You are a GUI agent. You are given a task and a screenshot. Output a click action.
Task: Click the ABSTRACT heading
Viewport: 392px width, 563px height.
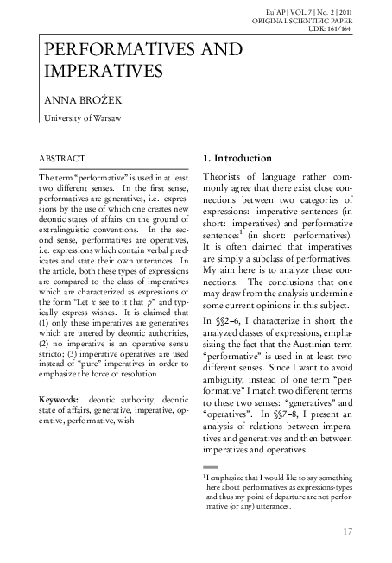[x=62, y=160]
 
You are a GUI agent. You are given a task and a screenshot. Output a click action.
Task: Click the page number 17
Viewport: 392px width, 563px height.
[x=349, y=531]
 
